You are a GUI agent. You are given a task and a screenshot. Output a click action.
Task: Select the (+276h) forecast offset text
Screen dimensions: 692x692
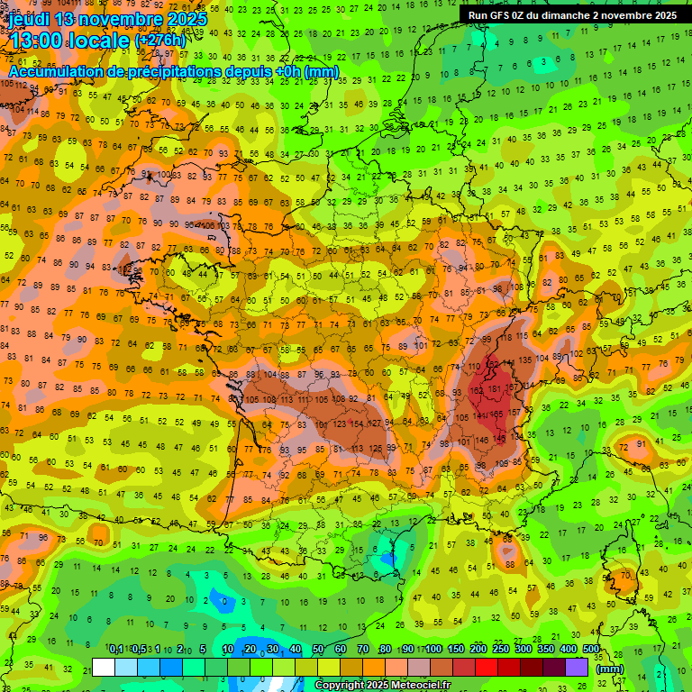point(160,41)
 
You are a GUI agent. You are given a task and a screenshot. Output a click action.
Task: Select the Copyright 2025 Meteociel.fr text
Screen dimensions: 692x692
point(382,686)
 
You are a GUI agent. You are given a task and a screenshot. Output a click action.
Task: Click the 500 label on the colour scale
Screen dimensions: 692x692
point(591,650)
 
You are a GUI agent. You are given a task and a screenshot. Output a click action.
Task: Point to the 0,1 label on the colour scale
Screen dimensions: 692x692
point(116,650)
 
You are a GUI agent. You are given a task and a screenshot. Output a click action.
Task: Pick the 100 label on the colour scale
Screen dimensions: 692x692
point(433,650)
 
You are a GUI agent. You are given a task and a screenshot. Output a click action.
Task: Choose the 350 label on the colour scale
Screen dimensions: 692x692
point(546,650)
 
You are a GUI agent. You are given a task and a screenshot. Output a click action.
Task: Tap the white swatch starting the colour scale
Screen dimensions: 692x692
point(104,667)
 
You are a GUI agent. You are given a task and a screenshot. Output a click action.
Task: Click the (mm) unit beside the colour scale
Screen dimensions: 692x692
point(611,669)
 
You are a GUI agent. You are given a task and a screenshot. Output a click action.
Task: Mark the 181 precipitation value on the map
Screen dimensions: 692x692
point(494,389)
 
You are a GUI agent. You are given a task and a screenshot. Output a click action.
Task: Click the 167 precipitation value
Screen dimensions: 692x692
point(512,389)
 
